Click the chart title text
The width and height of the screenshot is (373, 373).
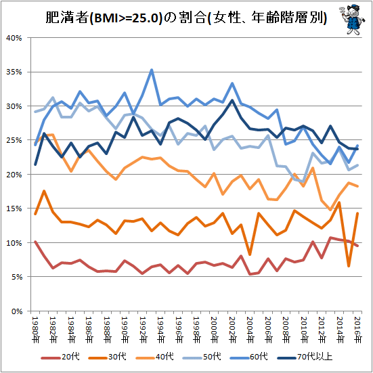(x=186, y=18)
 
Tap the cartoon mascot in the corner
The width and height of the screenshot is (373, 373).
(x=352, y=20)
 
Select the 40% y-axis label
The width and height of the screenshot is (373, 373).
(x=14, y=38)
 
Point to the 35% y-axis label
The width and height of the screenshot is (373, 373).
(x=14, y=72)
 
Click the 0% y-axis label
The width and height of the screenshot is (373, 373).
(x=16, y=311)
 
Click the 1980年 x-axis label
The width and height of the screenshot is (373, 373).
(x=35, y=330)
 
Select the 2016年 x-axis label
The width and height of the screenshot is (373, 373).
(x=357, y=330)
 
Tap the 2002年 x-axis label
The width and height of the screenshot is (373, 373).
(x=232, y=330)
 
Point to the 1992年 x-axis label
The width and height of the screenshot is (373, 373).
(x=143, y=330)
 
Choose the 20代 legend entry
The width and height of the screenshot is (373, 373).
(x=60, y=357)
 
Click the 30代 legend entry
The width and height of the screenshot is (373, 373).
(x=107, y=357)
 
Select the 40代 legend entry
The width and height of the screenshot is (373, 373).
(x=154, y=357)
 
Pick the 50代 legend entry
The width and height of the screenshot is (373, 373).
(x=202, y=357)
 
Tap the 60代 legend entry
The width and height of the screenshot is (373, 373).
(x=249, y=357)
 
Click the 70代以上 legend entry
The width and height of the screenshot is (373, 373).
(x=305, y=357)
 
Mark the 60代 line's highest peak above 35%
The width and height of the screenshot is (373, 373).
(x=152, y=70)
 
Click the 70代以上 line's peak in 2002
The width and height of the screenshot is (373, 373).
(x=232, y=100)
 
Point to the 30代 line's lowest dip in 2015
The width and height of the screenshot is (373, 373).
(x=349, y=266)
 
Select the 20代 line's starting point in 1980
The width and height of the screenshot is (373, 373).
(x=35, y=242)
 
